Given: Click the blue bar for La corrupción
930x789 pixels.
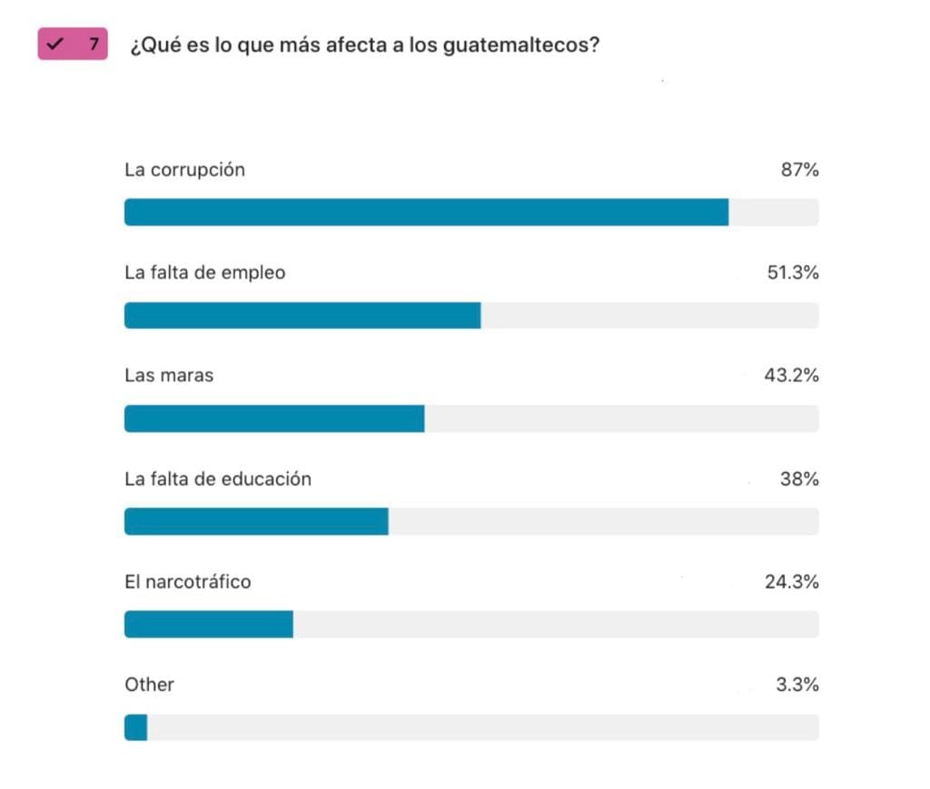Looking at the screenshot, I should pyautogui.click(x=426, y=212).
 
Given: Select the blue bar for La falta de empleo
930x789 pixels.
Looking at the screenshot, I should pyautogui.click(x=302, y=315).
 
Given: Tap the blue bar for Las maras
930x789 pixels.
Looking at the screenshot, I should pyautogui.click(x=274, y=419).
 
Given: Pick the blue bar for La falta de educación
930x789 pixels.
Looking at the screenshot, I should pyautogui.click(x=256, y=521).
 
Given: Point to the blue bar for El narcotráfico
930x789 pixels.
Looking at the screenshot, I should pyautogui.click(x=209, y=625).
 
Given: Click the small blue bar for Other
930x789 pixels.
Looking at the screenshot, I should pyautogui.click(x=135, y=727).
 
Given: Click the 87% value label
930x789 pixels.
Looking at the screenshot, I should pyautogui.click(x=799, y=170).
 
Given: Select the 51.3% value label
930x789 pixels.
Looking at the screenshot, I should pyautogui.click(x=793, y=272).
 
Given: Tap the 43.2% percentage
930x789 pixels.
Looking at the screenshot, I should pyautogui.click(x=791, y=375).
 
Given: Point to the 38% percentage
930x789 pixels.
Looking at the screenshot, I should pyautogui.click(x=799, y=478).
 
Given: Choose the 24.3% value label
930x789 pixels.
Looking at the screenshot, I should pyautogui.click(x=791, y=581).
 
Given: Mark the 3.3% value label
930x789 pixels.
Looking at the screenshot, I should pyautogui.click(x=796, y=685).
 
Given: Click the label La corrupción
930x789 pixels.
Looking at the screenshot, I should pyautogui.click(x=184, y=170).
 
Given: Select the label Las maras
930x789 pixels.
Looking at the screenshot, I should pyautogui.click(x=169, y=375).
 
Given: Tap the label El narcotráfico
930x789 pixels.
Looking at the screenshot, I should pyautogui.click(x=187, y=581).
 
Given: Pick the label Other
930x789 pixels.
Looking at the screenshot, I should pyautogui.click(x=149, y=685).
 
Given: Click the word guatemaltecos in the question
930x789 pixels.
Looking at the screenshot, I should pyautogui.click(x=521, y=44).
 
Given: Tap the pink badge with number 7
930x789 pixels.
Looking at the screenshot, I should pyautogui.click(x=73, y=44).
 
